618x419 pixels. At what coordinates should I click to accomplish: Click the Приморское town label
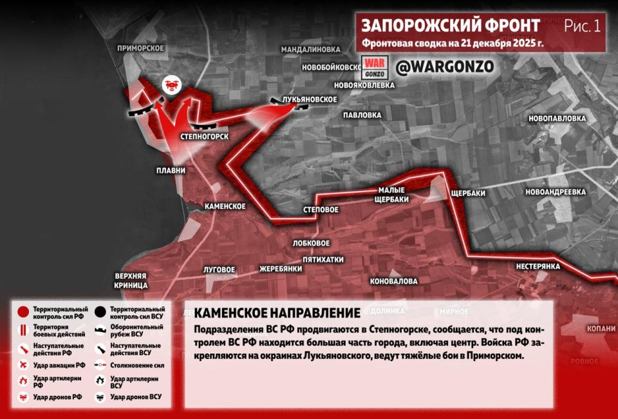(141, 48)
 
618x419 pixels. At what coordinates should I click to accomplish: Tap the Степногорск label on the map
(205, 137)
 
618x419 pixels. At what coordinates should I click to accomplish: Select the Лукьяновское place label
(310, 99)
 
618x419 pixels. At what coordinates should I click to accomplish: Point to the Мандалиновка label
(310, 49)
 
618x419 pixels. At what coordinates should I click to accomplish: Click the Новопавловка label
(557, 119)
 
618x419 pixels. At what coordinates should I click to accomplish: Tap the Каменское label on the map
(225, 206)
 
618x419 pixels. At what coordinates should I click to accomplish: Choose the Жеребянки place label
(281, 268)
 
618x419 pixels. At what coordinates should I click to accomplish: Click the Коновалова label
(394, 281)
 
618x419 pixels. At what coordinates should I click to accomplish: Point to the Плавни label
(171, 171)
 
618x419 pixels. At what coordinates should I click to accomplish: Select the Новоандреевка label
(556, 192)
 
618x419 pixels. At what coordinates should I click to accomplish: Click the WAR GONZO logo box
(373, 66)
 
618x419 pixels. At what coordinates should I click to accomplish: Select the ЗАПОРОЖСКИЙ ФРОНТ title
(450, 26)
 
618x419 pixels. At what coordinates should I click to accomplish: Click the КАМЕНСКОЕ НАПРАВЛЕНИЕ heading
(277, 313)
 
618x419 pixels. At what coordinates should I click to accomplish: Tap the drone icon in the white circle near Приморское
(171, 84)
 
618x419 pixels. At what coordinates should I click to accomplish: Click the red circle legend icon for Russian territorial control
(23, 313)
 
